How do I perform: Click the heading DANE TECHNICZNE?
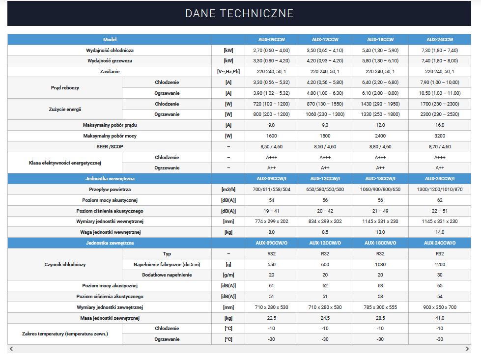click(239, 13)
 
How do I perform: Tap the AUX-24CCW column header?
click(440, 39)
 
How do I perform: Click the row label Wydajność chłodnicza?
click(110, 50)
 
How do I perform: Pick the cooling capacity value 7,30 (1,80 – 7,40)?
click(440, 50)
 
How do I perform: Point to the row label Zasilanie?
click(110, 72)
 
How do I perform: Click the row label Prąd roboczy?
click(65, 88)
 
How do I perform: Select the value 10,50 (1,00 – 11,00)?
click(440, 93)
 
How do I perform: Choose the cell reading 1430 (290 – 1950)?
click(380, 104)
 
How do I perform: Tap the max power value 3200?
click(440, 136)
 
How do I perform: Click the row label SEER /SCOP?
click(110, 147)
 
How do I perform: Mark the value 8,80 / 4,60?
click(380, 147)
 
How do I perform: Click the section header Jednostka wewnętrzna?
click(110, 179)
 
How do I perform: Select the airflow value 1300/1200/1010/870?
click(440, 190)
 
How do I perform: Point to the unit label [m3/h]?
click(228, 190)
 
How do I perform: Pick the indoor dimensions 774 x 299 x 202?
click(271, 222)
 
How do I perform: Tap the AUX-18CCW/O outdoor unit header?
click(380, 243)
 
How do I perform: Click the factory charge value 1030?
click(380, 264)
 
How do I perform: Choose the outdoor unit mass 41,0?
click(440, 318)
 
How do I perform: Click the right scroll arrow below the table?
click(467, 349)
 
